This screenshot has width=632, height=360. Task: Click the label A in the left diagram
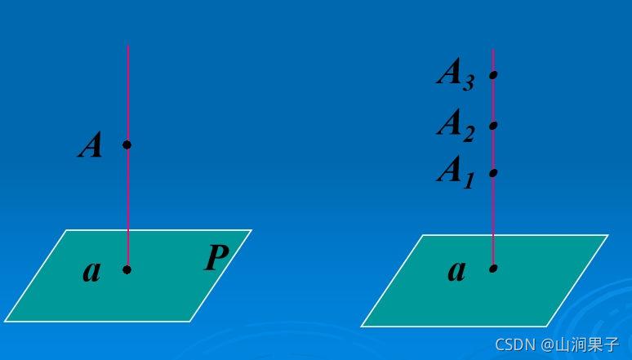click(91, 146)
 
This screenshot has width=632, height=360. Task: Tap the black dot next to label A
click(127, 145)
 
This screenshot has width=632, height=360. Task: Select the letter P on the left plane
click(216, 258)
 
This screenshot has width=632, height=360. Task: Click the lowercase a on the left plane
click(91, 271)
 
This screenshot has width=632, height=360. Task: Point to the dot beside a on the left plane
click(127, 269)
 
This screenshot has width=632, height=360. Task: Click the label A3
click(456, 74)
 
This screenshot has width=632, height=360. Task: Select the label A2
click(456, 125)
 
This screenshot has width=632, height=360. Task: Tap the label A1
click(456, 172)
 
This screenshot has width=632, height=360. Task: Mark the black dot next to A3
click(493, 75)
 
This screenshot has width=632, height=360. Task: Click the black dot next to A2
click(493, 126)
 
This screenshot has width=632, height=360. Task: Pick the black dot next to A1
click(493, 173)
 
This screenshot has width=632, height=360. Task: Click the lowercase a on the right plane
click(456, 270)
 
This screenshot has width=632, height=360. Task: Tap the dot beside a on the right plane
click(493, 268)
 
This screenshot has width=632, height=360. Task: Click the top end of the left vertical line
click(127, 46)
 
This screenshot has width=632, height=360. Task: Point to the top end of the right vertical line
click(492, 49)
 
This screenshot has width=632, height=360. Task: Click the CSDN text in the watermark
click(513, 344)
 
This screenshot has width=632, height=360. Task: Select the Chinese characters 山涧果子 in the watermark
click(587, 344)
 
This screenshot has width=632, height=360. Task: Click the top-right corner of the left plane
click(251, 230)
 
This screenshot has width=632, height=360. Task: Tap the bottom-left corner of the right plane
click(362, 327)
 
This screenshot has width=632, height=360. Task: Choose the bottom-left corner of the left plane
click(5, 321)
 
